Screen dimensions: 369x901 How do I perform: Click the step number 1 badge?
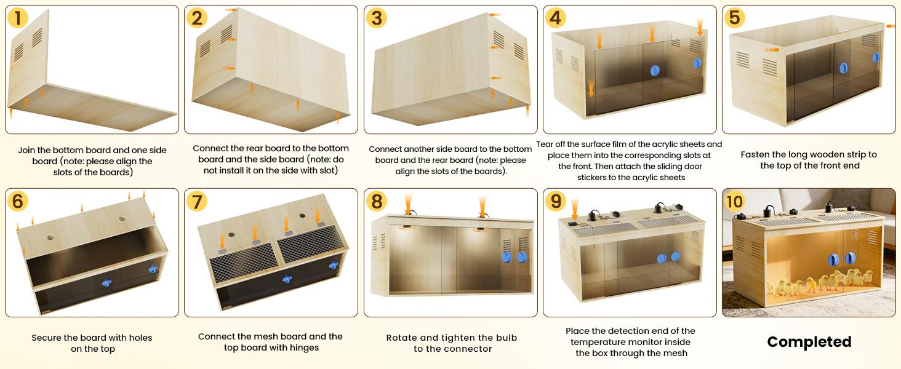point(18,18)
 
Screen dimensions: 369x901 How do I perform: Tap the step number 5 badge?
point(734,18)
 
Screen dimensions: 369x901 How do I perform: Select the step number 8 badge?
point(377,201)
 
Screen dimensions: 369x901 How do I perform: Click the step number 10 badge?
point(735,201)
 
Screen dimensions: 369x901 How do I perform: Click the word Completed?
point(809,342)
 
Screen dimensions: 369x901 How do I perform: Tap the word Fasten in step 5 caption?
point(758,154)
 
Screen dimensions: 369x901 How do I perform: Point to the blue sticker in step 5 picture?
point(875,57)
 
